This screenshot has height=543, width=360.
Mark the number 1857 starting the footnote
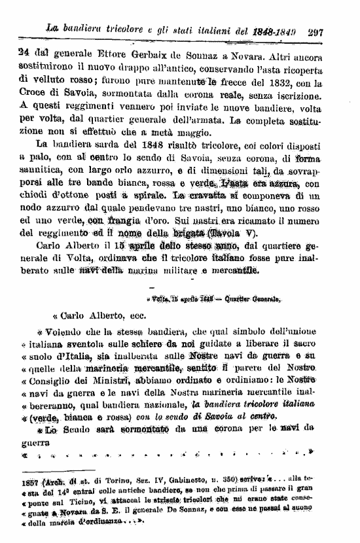[x=29, y=478]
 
